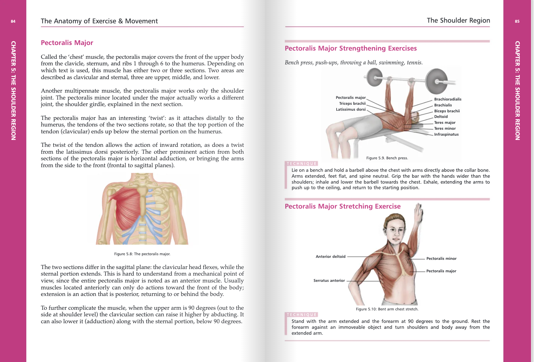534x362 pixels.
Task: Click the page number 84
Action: (x=13, y=21)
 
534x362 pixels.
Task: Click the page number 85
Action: (x=517, y=21)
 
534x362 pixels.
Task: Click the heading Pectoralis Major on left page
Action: (x=67, y=43)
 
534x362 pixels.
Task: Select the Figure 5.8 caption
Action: (x=142, y=254)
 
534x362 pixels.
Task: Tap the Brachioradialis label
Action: (x=448, y=99)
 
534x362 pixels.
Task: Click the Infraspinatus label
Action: (x=446, y=134)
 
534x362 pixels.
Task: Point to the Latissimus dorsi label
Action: (x=350, y=109)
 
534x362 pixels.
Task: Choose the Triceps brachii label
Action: (x=352, y=103)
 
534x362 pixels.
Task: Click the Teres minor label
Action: (x=445, y=128)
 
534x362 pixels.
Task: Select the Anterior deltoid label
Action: (x=330, y=257)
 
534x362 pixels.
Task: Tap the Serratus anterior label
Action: (x=329, y=281)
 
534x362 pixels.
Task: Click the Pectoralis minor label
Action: (x=441, y=259)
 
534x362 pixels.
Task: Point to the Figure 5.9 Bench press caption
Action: (x=387, y=158)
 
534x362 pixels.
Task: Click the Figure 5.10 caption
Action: (x=387, y=309)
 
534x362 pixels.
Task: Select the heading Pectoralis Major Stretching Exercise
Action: (x=343, y=206)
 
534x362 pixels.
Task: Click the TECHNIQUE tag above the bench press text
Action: (x=301, y=164)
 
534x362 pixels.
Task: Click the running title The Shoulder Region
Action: (x=458, y=20)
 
